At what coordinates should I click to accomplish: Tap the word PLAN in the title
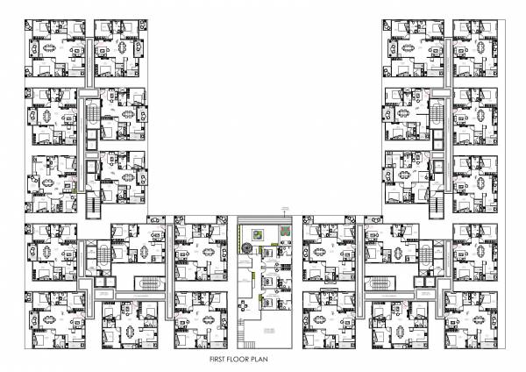point(280,360)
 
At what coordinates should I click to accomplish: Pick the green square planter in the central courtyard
point(257,234)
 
